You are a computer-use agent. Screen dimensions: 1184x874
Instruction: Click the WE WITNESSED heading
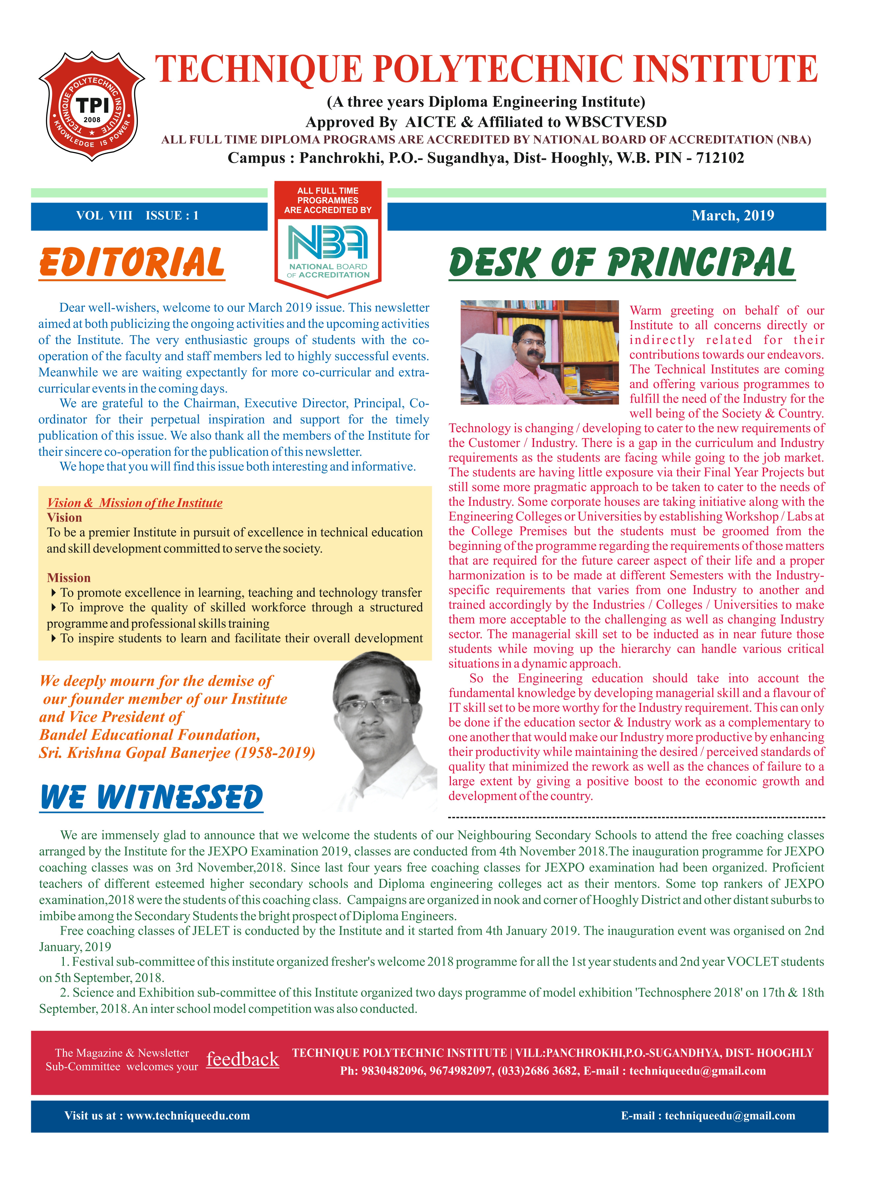pos(151,797)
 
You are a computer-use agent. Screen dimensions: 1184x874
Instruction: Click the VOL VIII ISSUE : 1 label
pos(137,216)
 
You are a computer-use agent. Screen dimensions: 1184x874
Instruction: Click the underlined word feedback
pos(242,1059)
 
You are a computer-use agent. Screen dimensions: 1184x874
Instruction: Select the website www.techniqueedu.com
pos(188,1116)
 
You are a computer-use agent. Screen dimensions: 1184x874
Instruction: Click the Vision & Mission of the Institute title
pos(134,503)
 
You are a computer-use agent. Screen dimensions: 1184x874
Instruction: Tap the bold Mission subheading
pos(69,578)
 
